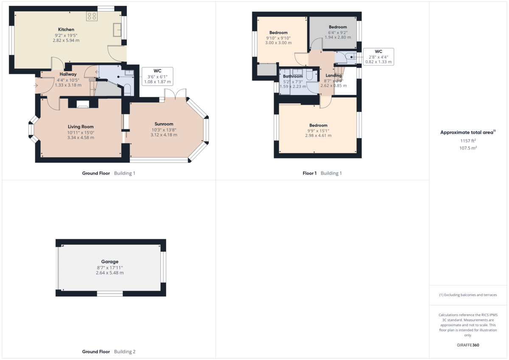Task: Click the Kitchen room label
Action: (66, 29)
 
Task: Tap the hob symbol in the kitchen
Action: (92, 16)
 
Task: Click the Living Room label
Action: (81, 127)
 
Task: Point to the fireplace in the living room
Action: (83, 104)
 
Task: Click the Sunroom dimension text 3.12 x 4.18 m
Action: (164, 135)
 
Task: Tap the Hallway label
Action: (68, 74)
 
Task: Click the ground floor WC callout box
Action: (157, 76)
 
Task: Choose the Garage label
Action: (109, 262)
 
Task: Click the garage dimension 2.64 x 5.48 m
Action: (109, 273)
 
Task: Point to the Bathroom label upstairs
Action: (293, 76)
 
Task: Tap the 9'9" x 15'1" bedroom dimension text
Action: (318, 131)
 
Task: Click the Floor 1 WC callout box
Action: (379, 56)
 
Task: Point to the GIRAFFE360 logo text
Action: (468, 345)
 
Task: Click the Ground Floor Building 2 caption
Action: (109, 352)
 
